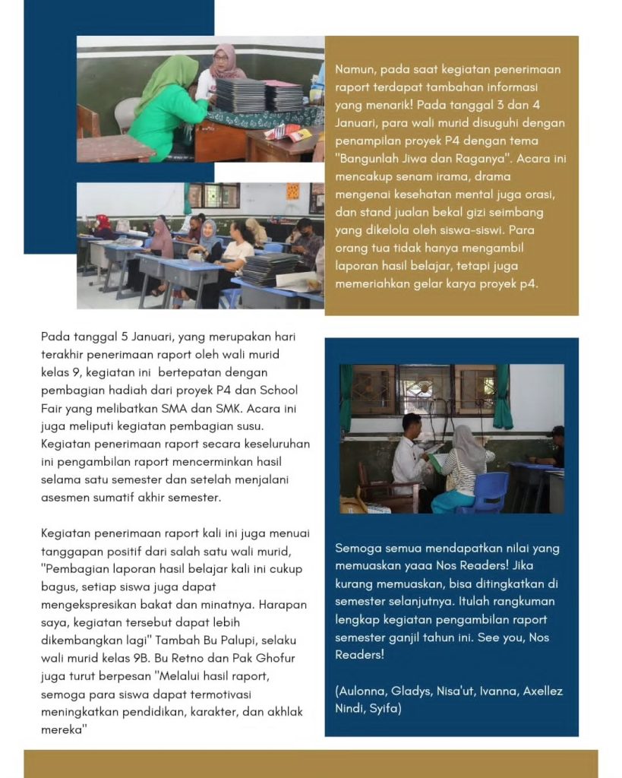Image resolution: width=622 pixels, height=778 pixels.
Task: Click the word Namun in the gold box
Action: click(x=353, y=69)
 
